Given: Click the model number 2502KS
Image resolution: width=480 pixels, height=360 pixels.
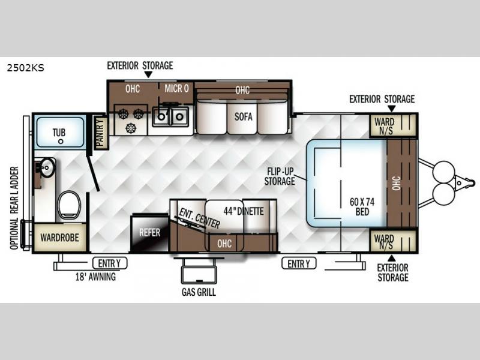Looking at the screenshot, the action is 26,68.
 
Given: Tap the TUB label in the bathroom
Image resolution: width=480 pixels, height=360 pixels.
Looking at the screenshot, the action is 59,133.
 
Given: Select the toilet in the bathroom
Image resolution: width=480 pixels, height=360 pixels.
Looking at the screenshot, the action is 69,205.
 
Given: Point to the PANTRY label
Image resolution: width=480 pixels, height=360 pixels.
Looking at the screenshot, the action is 100,133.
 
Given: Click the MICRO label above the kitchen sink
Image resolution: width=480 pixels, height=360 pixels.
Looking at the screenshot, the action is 176,88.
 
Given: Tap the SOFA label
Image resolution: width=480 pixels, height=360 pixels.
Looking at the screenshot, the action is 244,116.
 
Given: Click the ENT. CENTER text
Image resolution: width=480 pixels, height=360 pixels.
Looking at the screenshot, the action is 199,218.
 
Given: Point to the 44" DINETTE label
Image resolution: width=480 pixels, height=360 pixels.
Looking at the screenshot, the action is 244,211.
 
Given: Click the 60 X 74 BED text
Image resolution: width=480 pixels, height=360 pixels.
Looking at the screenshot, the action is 362,206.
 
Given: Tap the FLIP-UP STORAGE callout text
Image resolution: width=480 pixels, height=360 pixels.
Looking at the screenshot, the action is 280,176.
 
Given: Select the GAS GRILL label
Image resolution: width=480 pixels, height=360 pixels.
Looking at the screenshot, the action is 199,292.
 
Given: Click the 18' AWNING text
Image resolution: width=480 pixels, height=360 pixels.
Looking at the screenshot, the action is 95,277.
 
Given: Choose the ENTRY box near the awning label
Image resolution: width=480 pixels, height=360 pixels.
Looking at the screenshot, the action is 110,263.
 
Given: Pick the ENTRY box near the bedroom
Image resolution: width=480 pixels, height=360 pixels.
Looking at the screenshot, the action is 299,263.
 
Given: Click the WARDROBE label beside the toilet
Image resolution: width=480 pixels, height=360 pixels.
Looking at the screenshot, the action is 59,238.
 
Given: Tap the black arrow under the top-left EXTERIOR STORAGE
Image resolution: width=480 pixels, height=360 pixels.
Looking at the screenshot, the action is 148,74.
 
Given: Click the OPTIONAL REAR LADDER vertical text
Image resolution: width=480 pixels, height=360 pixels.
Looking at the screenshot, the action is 14,208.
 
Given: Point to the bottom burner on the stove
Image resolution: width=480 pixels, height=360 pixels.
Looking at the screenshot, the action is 131,128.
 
